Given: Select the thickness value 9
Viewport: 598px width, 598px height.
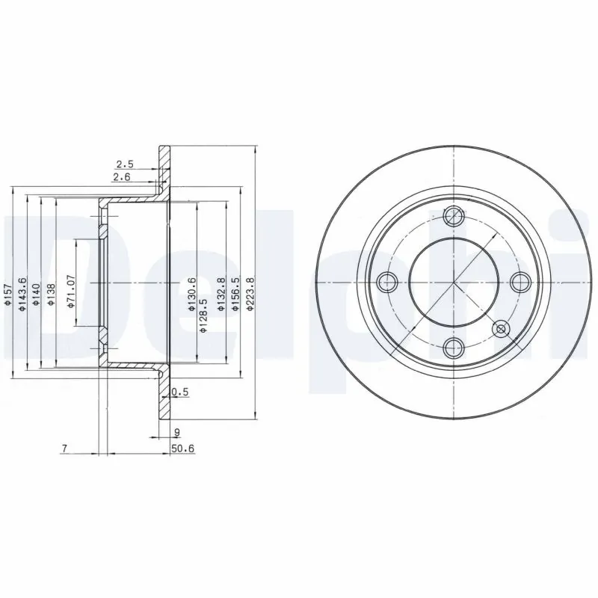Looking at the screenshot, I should coord(176,431).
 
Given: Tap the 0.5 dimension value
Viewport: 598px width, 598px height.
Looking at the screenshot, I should coord(179,392).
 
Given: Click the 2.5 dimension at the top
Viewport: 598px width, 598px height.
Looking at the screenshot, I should coord(124,164).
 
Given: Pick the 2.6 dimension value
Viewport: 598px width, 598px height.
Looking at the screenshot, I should coord(120,177).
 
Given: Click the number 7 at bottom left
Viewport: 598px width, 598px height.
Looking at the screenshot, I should coord(65,449).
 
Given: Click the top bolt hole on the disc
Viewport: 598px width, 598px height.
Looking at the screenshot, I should coord(453,217).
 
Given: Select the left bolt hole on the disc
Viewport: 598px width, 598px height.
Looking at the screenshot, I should coord(386,282).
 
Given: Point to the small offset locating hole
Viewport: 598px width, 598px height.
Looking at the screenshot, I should coord(501,327).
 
